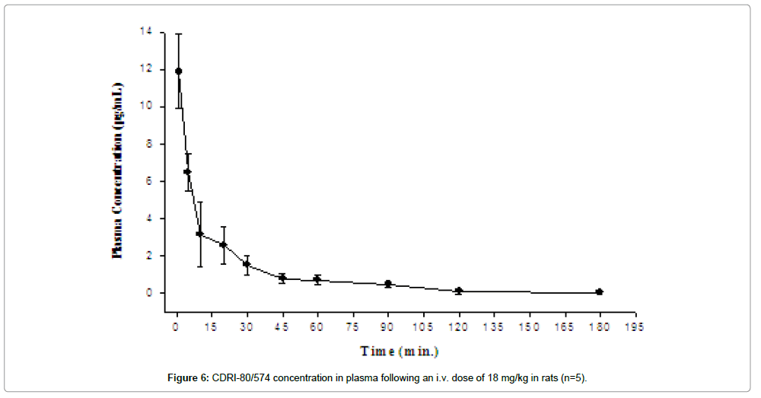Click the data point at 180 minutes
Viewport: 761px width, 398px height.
(600, 291)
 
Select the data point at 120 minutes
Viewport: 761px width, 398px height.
(459, 291)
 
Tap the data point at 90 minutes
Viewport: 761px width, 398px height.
(388, 284)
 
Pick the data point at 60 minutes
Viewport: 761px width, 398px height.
(317, 279)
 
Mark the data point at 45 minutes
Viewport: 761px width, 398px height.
(282, 278)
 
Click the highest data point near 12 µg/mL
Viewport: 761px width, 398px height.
(179, 71)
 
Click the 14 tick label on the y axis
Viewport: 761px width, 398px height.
(146, 32)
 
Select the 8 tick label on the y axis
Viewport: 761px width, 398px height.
(149, 144)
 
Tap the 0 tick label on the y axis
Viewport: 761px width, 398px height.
(149, 293)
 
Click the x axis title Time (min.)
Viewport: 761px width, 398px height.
(400, 352)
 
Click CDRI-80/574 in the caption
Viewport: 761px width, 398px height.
(240, 378)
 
